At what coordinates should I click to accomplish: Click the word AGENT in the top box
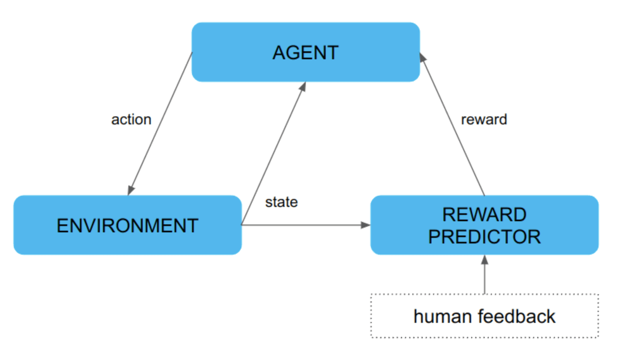click(306, 53)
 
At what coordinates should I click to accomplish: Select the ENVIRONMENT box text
click(127, 226)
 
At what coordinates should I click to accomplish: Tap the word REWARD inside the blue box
click(484, 214)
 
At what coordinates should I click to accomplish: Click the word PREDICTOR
click(484, 237)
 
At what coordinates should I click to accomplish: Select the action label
click(131, 119)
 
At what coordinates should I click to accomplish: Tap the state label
click(281, 202)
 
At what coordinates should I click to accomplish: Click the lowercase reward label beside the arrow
click(484, 119)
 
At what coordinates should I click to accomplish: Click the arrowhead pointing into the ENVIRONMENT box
click(131, 190)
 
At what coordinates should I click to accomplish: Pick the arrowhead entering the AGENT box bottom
click(303, 87)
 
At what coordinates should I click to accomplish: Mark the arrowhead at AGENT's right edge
click(422, 57)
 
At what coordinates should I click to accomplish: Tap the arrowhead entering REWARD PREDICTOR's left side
click(365, 225)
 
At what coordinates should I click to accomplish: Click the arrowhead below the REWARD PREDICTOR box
click(484, 260)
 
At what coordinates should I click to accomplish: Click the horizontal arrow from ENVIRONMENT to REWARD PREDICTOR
click(302, 225)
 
